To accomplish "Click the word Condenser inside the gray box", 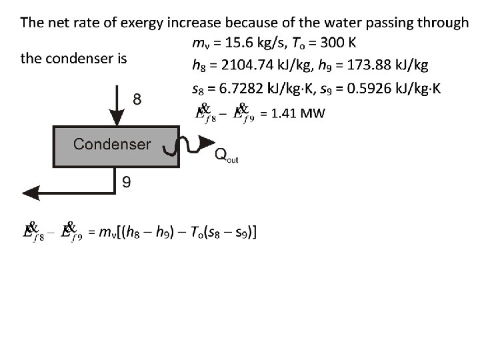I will (x=112, y=144).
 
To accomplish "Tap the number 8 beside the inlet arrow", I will (x=137, y=100).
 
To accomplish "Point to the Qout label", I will (x=225, y=156).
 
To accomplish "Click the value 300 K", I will (x=339, y=43).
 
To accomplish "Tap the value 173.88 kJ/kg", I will (x=392, y=65).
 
